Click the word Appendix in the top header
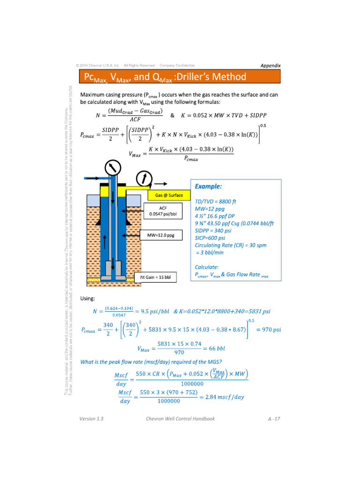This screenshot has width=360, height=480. pos(270,65)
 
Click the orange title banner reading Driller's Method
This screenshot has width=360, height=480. pos(180,77)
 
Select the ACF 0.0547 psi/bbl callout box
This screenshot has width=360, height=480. pos(160,211)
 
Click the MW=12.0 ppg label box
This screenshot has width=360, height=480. pos(161,235)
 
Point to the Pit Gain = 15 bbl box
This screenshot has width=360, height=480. pos(156,277)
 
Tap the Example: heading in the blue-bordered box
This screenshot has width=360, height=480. pos(209,187)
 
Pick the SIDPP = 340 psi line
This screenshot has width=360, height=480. pos(213,231)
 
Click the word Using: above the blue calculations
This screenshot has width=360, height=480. pos(88,298)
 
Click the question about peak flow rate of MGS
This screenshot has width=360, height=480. pos(151,361)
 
